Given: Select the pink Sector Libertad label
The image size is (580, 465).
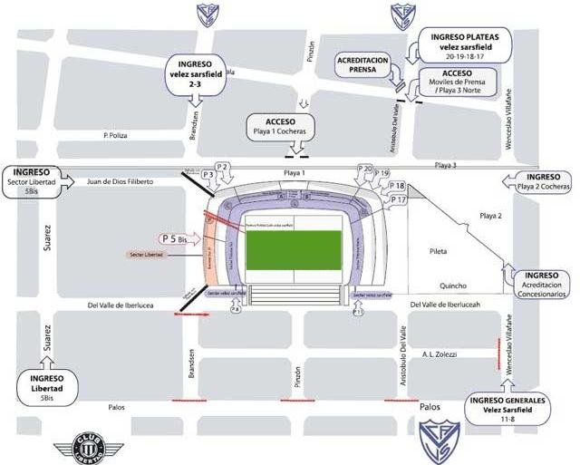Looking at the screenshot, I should click(x=150, y=257).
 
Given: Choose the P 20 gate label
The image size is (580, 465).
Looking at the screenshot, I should click(x=364, y=169).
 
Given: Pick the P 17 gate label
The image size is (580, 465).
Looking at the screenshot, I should click(x=397, y=199).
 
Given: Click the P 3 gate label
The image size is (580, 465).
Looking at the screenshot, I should click(x=208, y=173).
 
